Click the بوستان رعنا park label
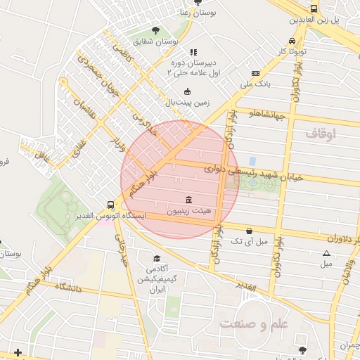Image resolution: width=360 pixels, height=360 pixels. point(215,12)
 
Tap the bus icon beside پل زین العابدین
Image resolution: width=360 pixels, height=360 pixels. point(313,8)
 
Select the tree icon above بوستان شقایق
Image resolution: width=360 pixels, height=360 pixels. point(155,30)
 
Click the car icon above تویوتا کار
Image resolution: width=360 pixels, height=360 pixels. point(292,40)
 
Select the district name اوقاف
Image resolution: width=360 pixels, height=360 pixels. point(321,132)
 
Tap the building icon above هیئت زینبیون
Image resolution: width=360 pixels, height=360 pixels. point(188,200)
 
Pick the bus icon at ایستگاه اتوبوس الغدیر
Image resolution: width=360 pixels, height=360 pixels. point(110,205)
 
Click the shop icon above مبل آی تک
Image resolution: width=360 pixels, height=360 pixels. point(250,231)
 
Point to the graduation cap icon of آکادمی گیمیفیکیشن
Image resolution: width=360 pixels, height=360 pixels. point(156,259)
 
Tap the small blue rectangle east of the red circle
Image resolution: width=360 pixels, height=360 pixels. point(252,162)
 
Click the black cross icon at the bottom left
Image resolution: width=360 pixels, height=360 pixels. point(18,352)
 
